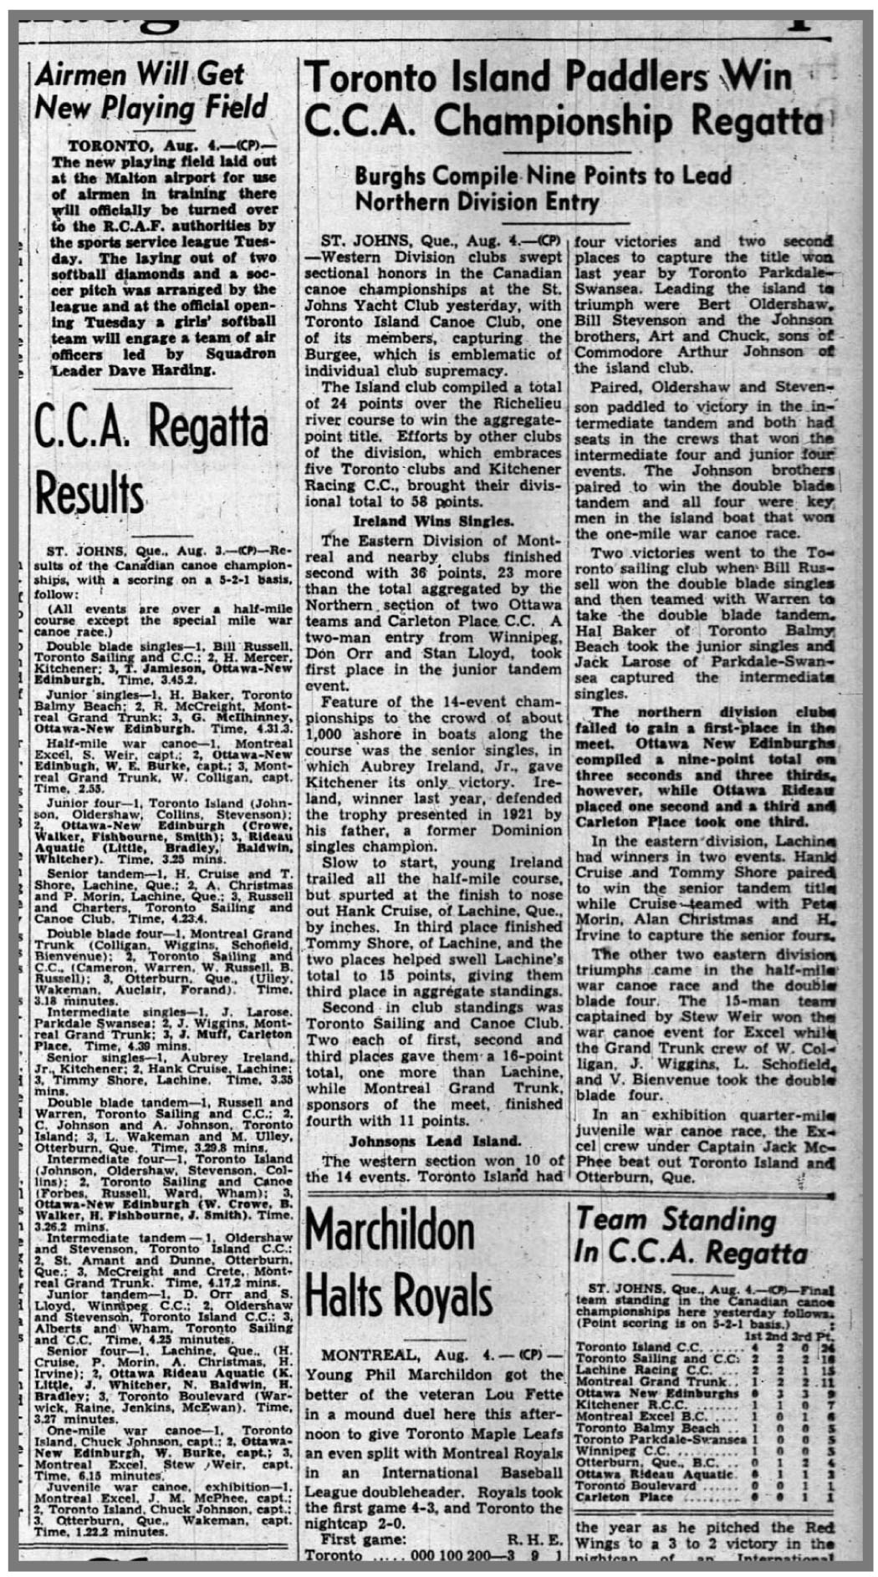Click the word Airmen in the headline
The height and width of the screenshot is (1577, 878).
tap(81, 74)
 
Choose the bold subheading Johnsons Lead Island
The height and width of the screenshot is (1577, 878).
tap(435, 1141)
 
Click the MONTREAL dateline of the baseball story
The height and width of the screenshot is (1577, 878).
tap(363, 1353)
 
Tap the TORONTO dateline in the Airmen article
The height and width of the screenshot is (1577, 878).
tap(100, 144)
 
